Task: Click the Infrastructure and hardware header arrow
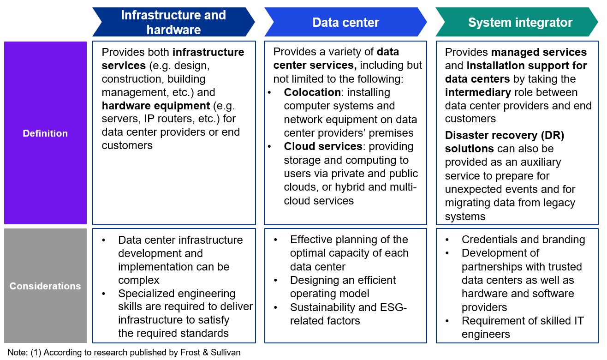[x=173, y=22]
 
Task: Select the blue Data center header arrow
[x=345, y=22]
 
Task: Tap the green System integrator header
[x=520, y=22]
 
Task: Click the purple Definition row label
[x=45, y=133]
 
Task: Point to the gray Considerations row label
[x=45, y=286]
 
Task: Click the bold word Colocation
[x=312, y=92]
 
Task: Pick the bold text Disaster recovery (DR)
[x=505, y=136]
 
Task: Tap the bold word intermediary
[x=478, y=92]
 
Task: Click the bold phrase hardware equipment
[x=156, y=106]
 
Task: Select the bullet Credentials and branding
[x=523, y=240]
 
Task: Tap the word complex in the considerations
[x=138, y=280]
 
